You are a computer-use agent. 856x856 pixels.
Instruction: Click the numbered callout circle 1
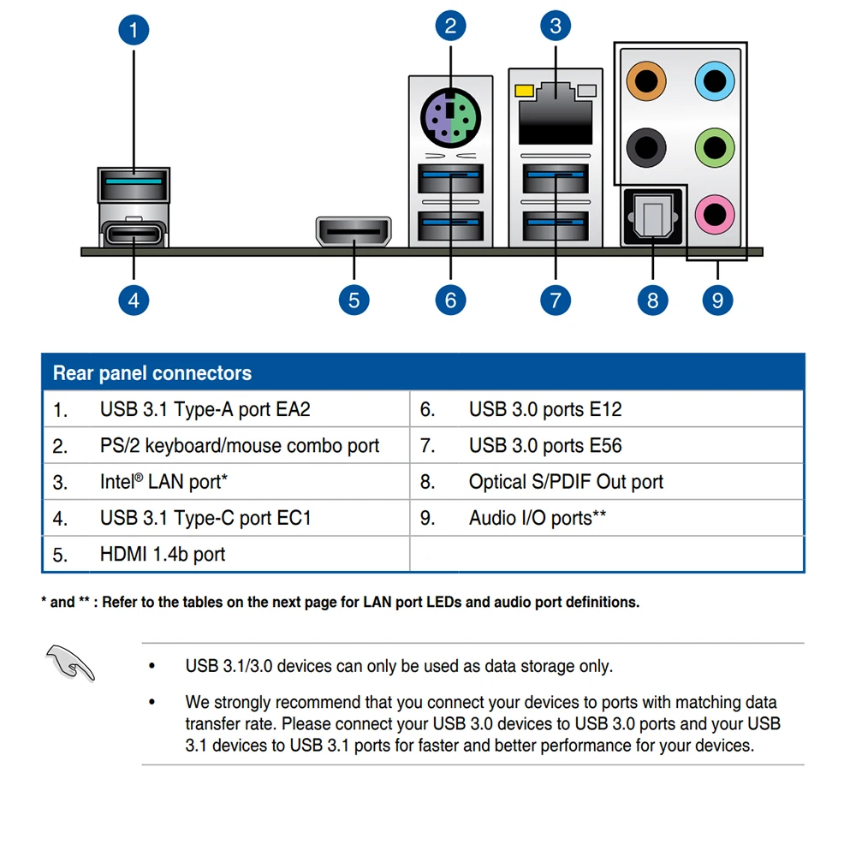point(134,31)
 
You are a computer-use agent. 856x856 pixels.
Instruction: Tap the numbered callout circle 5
point(354,300)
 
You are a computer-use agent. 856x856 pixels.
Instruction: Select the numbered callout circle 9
point(717,300)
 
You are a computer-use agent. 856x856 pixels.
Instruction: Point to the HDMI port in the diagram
point(354,231)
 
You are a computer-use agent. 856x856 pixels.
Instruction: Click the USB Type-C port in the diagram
point(134,233)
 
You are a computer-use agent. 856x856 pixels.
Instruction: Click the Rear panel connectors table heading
point(152,373)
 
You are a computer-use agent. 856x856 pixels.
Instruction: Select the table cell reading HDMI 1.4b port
point(163,555)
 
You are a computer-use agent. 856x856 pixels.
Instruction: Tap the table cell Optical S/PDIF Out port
point(566,482)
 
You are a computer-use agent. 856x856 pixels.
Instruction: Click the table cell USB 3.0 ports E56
point(545,446)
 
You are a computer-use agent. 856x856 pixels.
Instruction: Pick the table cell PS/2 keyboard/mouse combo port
point(240,446)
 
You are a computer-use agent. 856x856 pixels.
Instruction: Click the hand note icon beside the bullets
point(70,663)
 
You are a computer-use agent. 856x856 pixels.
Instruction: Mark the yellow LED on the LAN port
point(523,90)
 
